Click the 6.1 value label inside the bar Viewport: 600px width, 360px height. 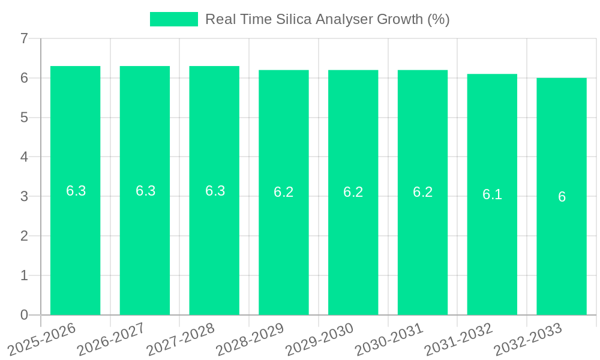pyautogui.click(x=492, y=194)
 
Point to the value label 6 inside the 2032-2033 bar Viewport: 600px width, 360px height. pyautogui.click(x=562, y=197)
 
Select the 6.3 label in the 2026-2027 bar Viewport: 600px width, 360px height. pyautogui.click(x=145, y=191)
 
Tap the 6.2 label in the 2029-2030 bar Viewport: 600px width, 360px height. pyautogui.click(x=353, y=192)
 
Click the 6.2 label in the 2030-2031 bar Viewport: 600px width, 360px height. pyautogui.click(x=422, y=192)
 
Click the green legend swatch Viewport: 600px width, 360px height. pyautogui.click(x=173, y=19)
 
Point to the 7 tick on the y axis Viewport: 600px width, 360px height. pyautogui.click(x=24, y=38)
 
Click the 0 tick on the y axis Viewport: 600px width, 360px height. pyautogui.click(x=24, y=315)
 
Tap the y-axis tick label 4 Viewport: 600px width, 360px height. pyautogui.click(x=24, y=157)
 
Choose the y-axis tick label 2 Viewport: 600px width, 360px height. pyautogui.click(x=24, y=236)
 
